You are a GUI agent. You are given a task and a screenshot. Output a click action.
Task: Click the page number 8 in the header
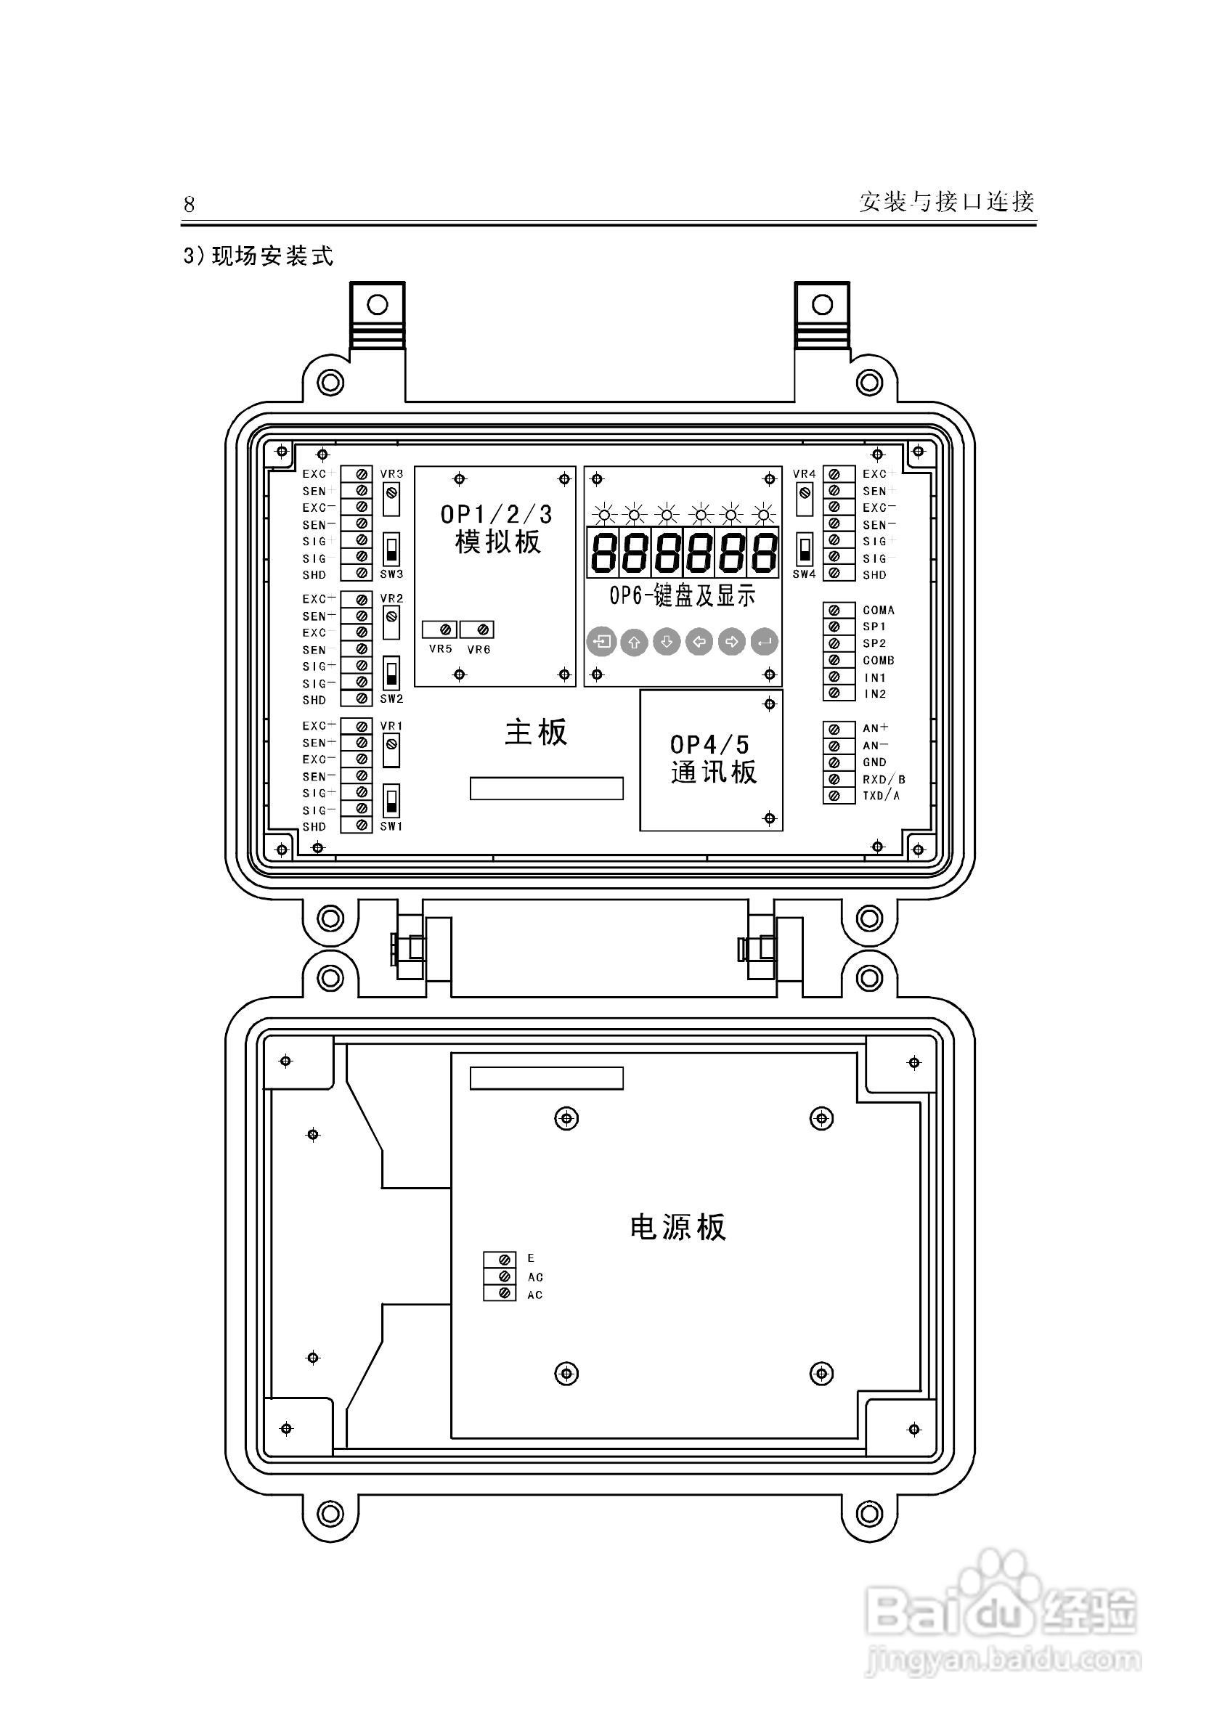[x=189, y=204]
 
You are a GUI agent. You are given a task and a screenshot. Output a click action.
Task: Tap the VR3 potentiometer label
[x=391, y=473]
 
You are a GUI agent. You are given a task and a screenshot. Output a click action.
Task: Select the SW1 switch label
[x=391, y=826]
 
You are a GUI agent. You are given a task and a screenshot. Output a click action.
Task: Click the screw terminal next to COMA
[x=834, y=611]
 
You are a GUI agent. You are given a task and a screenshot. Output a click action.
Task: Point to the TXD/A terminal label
[x=881, y=796]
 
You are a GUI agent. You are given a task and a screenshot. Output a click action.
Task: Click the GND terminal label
[x=874, y=762]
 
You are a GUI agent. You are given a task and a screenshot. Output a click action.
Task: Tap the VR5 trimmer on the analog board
[x=445, y=629]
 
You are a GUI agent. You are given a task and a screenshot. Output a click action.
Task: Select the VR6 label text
[x=479, y=650]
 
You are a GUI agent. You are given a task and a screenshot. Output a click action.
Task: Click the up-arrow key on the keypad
[x=634, y=642]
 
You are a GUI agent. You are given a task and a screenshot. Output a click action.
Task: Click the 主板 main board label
[x=536, y=733]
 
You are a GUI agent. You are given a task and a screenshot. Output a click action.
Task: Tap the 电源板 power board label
[x=677, y=1226]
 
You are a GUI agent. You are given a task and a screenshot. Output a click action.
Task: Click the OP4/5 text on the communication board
[x=709, y=744]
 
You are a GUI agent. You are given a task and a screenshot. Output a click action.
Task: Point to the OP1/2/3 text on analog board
[x=496, y=515]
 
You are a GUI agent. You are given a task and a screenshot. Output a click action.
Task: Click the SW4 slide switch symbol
[x=804, y=550]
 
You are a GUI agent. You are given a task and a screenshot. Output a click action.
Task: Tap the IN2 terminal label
[x=874, y=694]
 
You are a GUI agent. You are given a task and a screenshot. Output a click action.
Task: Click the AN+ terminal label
[x=875, y=728]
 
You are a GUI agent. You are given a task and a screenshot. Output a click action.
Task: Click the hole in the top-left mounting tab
[x=377, y=304]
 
